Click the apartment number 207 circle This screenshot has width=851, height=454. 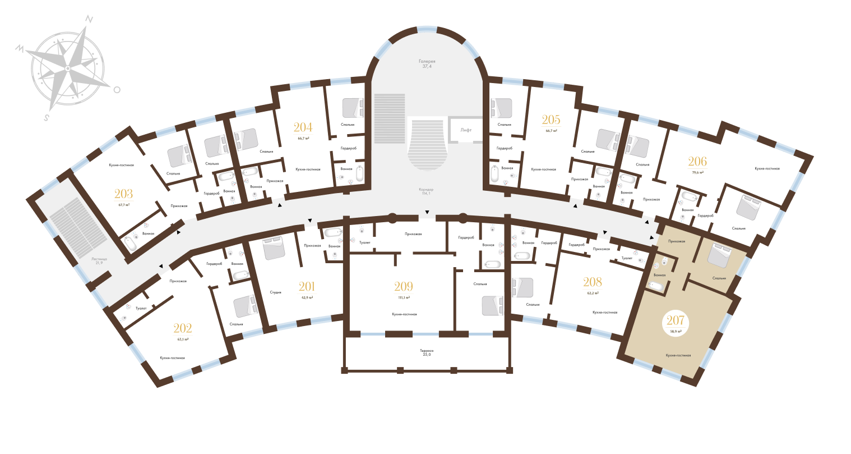(676, 324)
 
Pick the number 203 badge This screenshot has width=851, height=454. (124, 197)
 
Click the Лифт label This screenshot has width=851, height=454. (466, 130)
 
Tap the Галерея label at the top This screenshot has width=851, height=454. (427, 61)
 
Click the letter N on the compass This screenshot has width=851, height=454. (89, 19)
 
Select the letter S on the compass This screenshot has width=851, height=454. (47, 118)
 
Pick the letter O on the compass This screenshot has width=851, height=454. (117, 89)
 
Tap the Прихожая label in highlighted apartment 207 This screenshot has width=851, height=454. (676, 241)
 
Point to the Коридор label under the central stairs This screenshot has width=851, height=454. (427, 190)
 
